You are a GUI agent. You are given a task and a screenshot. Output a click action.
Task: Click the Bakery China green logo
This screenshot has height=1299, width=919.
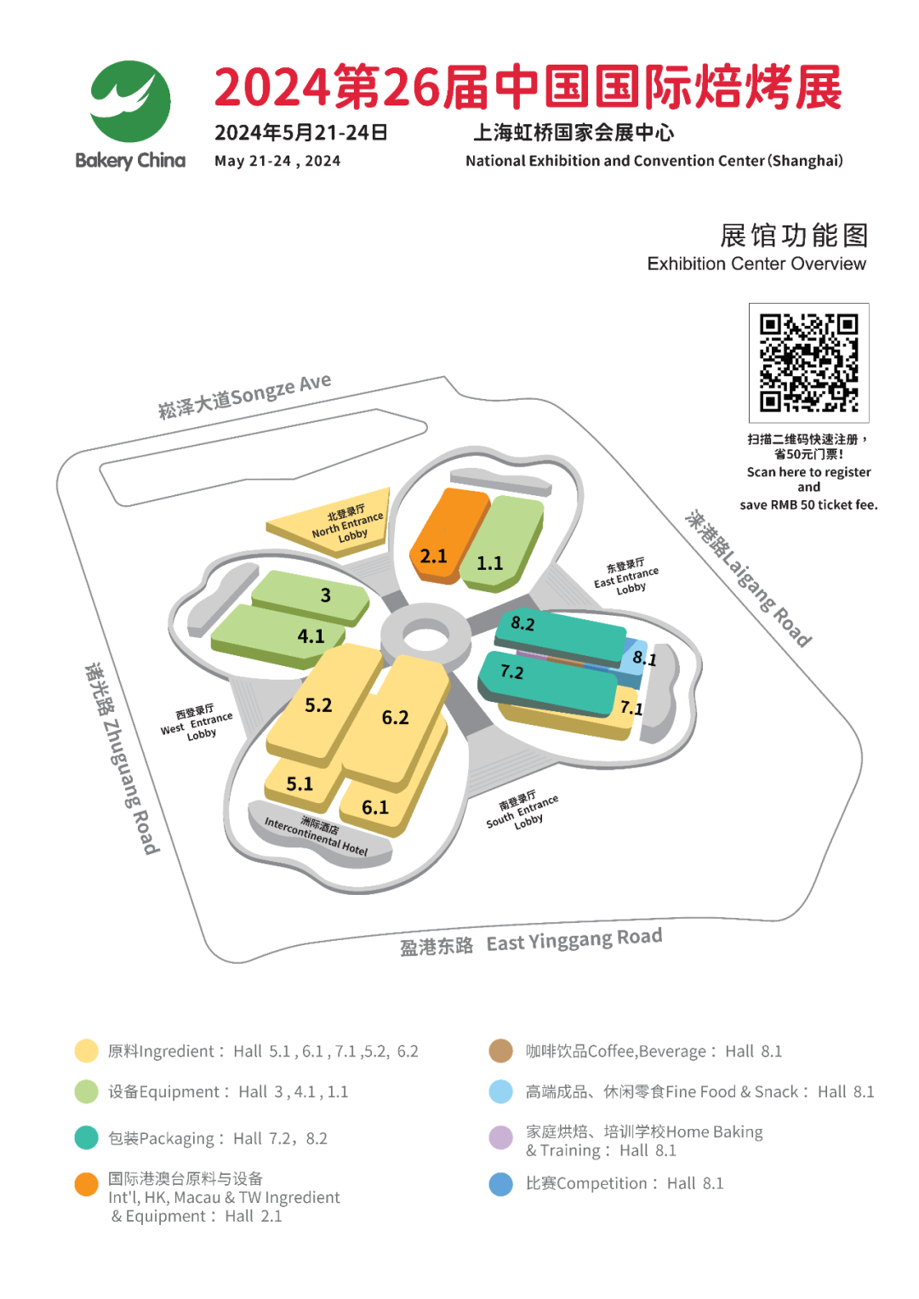point(130,102)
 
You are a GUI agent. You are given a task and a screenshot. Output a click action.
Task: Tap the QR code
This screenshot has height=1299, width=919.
point(808,362)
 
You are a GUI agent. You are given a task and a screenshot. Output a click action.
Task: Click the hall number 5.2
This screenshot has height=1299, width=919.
point(318,705)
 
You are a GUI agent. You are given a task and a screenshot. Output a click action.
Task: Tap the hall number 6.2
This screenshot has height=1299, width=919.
point(395,717)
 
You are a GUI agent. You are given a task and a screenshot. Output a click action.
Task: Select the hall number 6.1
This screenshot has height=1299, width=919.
point(374,806)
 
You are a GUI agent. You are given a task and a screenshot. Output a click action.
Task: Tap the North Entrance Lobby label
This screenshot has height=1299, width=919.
point(348,524)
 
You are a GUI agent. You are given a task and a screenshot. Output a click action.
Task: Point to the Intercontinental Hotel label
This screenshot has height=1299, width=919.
point(317,835)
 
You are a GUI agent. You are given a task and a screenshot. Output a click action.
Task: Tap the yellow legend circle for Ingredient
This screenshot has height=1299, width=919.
point(86,1051)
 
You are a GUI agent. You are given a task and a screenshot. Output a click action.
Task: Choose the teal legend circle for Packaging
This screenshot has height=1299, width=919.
point(86,1137)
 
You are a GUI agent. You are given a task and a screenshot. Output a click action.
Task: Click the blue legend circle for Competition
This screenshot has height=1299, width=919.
point(501,1183)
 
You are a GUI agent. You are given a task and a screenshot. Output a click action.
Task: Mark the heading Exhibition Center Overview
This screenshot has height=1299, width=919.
point(756,264)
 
